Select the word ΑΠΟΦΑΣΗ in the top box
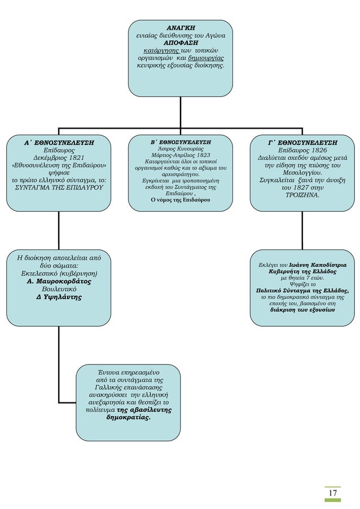(x=180, y=42)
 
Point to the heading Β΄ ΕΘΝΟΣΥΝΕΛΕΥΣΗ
(x=181, y=142)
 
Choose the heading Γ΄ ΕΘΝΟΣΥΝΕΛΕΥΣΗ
(x=302, y=143)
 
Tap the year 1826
(x=315, y=151)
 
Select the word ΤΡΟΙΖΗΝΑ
(x=302, y=195)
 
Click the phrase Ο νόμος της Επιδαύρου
(x=181, y=199)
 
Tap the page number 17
(x=333, y=493)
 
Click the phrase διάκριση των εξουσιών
(x=302, y=310)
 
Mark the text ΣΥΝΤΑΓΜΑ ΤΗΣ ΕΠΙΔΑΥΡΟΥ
(x=59, y=187)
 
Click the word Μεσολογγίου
(x=302, y=173)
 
